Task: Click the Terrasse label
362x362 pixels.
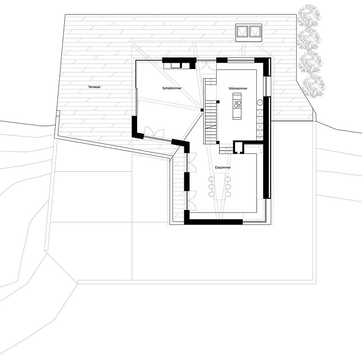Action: click(94, 87)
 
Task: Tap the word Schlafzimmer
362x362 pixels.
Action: click(172, 88)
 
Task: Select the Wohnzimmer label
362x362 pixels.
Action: click(238, 88)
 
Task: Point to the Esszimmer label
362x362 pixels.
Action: click(223, 167)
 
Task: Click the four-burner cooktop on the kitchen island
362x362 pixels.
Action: click(237, 104)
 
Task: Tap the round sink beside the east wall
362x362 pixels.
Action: click(260, 102)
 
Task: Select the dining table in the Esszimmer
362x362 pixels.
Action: click(219, 186)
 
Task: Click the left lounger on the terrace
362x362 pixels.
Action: click(242, 31)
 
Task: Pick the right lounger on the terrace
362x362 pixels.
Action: click(255, 31)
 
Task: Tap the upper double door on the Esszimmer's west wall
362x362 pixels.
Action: click(192, 162)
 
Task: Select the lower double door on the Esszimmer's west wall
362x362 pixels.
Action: click(192, 200)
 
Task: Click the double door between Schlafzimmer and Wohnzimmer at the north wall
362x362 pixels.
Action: click(206, 66)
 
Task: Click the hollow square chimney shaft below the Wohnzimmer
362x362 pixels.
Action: click(238, 148)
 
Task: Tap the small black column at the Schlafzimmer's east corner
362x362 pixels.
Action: click(202, 110)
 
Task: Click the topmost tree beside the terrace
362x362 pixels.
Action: click(309, 15)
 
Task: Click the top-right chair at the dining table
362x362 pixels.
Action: click(228, 180)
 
